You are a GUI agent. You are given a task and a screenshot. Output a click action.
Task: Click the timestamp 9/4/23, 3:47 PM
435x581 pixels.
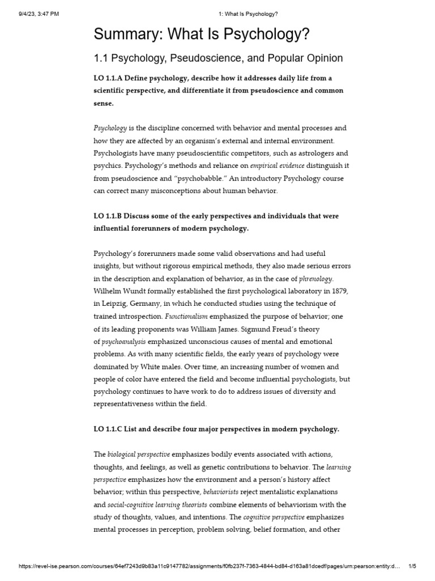tap(35, 14)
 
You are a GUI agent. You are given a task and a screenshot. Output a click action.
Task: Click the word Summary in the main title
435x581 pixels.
tap(125, 35)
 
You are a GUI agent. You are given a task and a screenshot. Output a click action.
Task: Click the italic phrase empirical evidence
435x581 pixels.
tap(274, 165)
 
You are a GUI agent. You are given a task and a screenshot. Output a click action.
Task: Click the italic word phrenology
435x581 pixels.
tap(316, 279)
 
